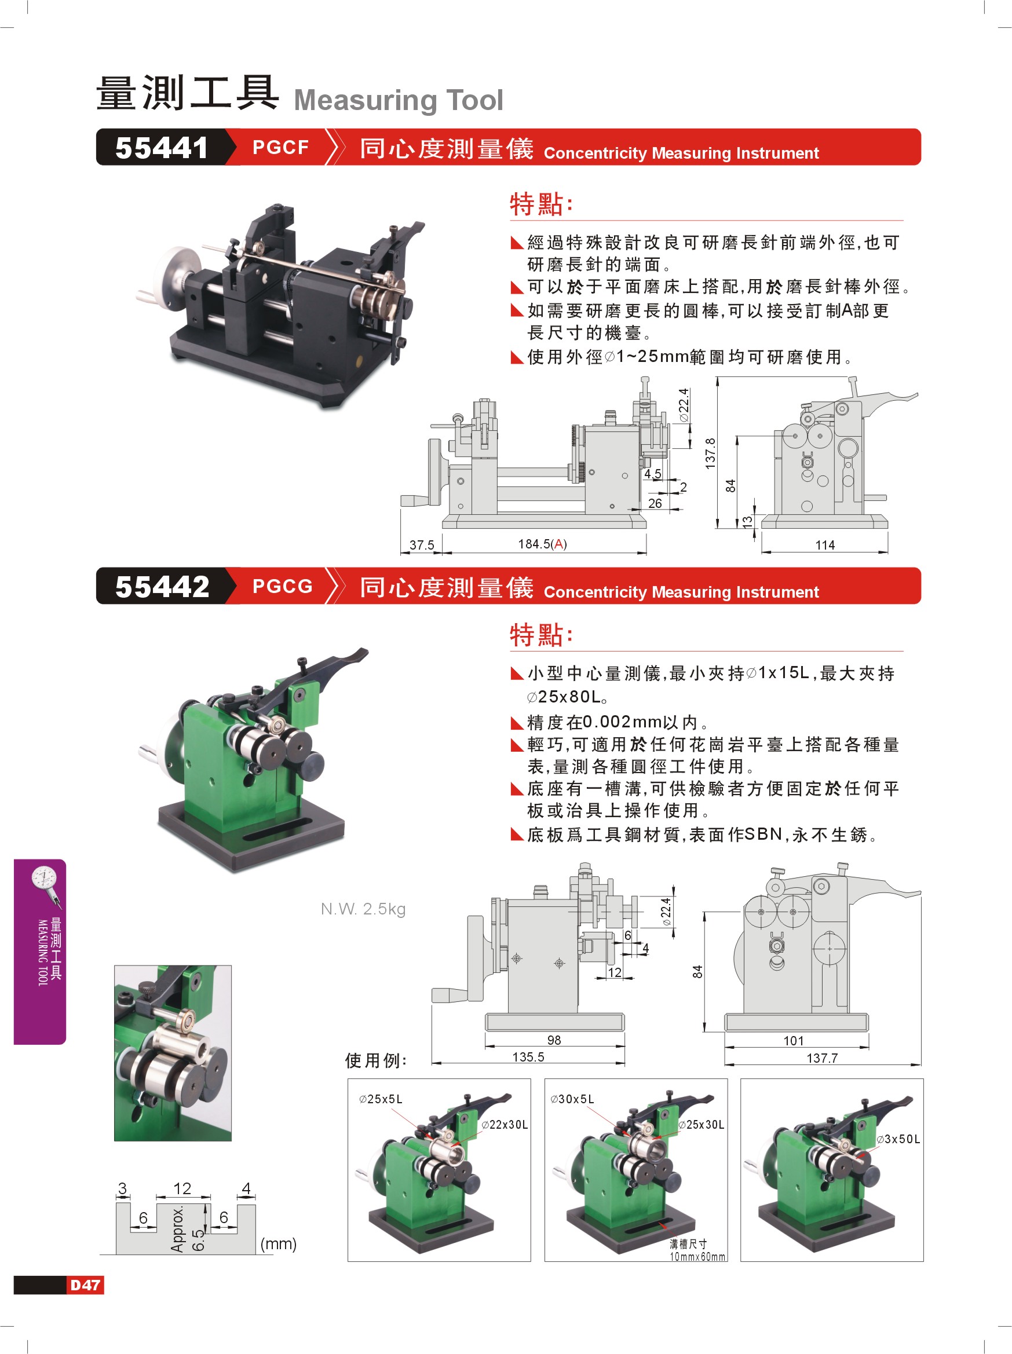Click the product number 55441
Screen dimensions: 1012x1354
pos(162,148)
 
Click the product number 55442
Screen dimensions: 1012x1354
pos(162,587)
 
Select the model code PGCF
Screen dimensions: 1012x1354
pos(280,148)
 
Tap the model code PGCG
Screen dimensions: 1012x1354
pos(282,587)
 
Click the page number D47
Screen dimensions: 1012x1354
pos(85,1285)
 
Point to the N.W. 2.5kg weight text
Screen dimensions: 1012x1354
pos(363,909)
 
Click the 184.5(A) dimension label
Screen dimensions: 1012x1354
pos(542,544)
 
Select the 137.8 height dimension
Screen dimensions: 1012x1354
pos(710,453)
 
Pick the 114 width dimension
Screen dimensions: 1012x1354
pos(825,545)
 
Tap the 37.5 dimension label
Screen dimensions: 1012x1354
pos(422,545)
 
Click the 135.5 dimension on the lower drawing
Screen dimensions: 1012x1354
pos(528,1057)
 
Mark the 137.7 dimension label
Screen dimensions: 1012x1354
pos(821,1058)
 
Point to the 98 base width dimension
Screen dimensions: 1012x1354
pos(554,1040)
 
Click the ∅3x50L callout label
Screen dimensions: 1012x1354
pos(898,1139)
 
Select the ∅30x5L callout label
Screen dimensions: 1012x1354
pos(572,1099)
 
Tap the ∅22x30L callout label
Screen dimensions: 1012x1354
pos(505,1125)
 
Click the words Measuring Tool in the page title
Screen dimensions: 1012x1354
pos(399,100)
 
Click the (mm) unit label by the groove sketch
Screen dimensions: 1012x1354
pos(278,1244)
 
